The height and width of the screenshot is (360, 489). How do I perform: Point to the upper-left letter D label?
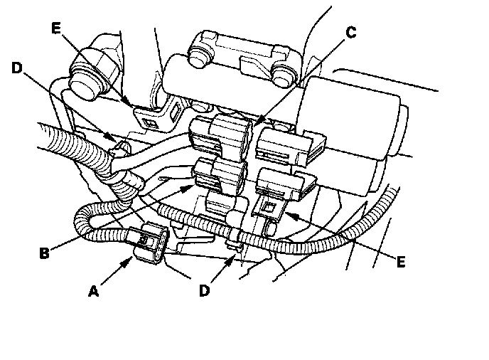pos(18,68)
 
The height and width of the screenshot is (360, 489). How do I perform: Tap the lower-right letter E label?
pos(401,262)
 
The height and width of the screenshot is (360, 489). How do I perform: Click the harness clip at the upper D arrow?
pos(120,149)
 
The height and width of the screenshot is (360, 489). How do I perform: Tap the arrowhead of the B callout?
pos(190,187)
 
